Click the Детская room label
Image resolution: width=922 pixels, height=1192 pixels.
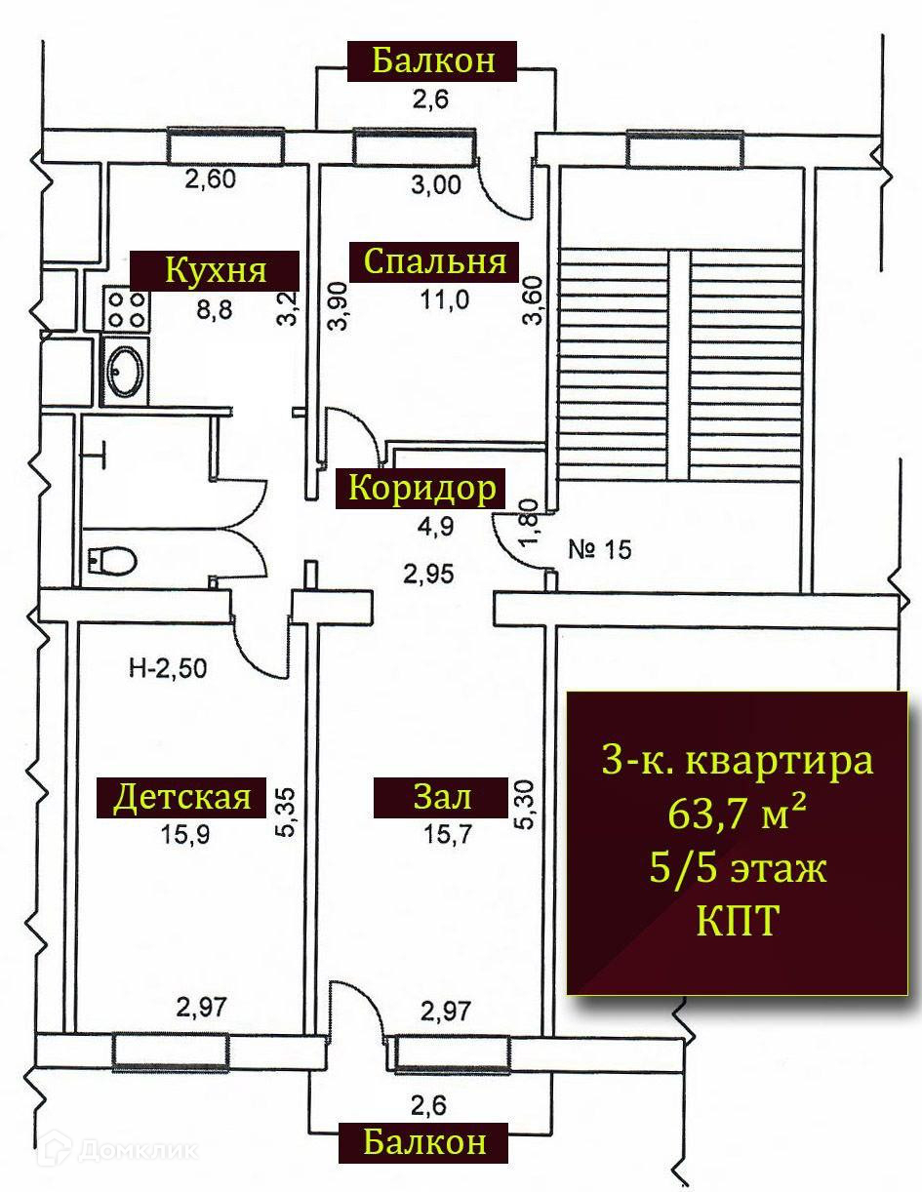(182, 798)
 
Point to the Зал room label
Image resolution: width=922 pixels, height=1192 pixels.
(443, 798)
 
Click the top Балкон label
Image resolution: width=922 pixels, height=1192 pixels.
(432, 60)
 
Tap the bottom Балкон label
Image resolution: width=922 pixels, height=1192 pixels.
(424, 1141)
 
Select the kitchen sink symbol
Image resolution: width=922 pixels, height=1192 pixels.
(126, 369)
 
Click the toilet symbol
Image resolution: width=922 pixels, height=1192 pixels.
(110, 560)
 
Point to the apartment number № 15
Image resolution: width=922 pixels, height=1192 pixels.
(599, 549)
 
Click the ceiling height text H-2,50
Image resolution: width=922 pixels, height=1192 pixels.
(167, 668)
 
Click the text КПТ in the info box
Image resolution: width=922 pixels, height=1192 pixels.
(737, 921)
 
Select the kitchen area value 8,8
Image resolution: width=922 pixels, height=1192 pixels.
(216, 308)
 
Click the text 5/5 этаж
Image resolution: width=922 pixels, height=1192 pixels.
(737, 867)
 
